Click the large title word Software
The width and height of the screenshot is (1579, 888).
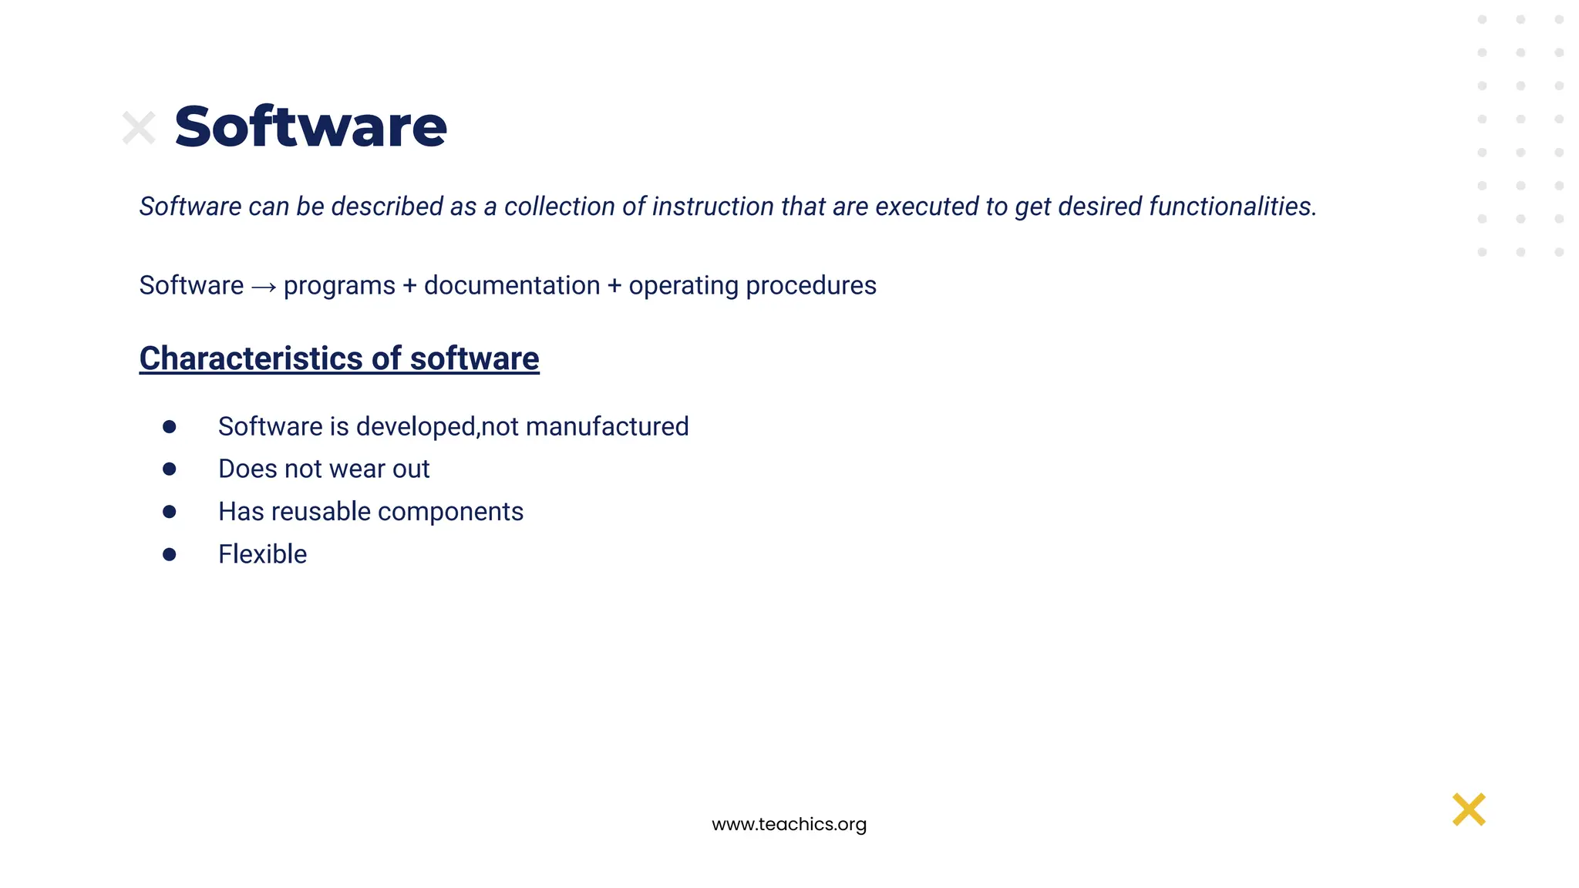tap(310, 127)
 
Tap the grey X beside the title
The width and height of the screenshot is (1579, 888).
tap(139, 128)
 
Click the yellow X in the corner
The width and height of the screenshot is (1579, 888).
tap(1468, 809)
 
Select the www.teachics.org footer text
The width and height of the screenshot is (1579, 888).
tap(789, 824)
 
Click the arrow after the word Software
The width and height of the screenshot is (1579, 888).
tap(264, 288)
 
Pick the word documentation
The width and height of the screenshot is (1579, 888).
tap(512, 285)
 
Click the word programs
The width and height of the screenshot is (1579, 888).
tap(339, 286)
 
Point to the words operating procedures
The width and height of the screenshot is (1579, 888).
tap(752, 285)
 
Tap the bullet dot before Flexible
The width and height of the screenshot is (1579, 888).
tap(170, 554)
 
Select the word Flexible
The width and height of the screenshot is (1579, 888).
tap(262, 554)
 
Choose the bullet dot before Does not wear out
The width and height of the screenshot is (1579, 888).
tap(170, 469)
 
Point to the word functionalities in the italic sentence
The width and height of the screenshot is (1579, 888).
tap(1232, 207)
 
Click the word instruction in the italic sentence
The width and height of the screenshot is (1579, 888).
tap(712, 207)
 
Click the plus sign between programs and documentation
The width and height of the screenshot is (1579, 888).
tap(409, 286)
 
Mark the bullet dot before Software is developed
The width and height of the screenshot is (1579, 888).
tap(170, 426)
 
